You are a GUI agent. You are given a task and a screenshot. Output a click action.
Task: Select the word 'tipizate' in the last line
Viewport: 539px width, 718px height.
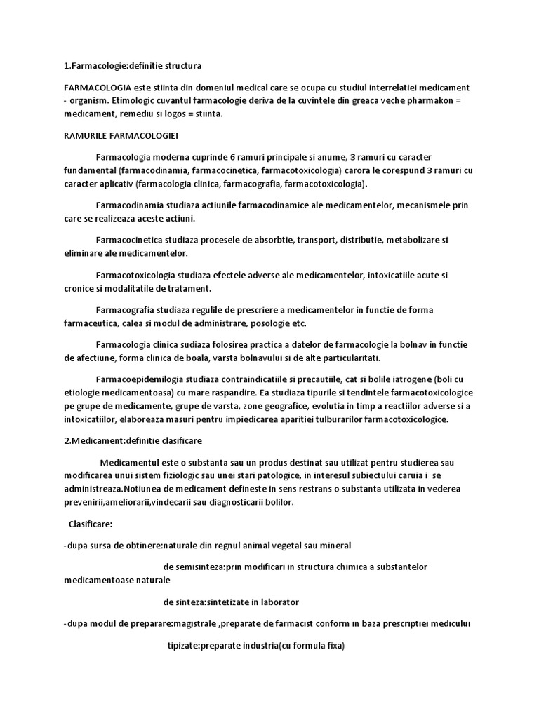[x=183, y=644]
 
